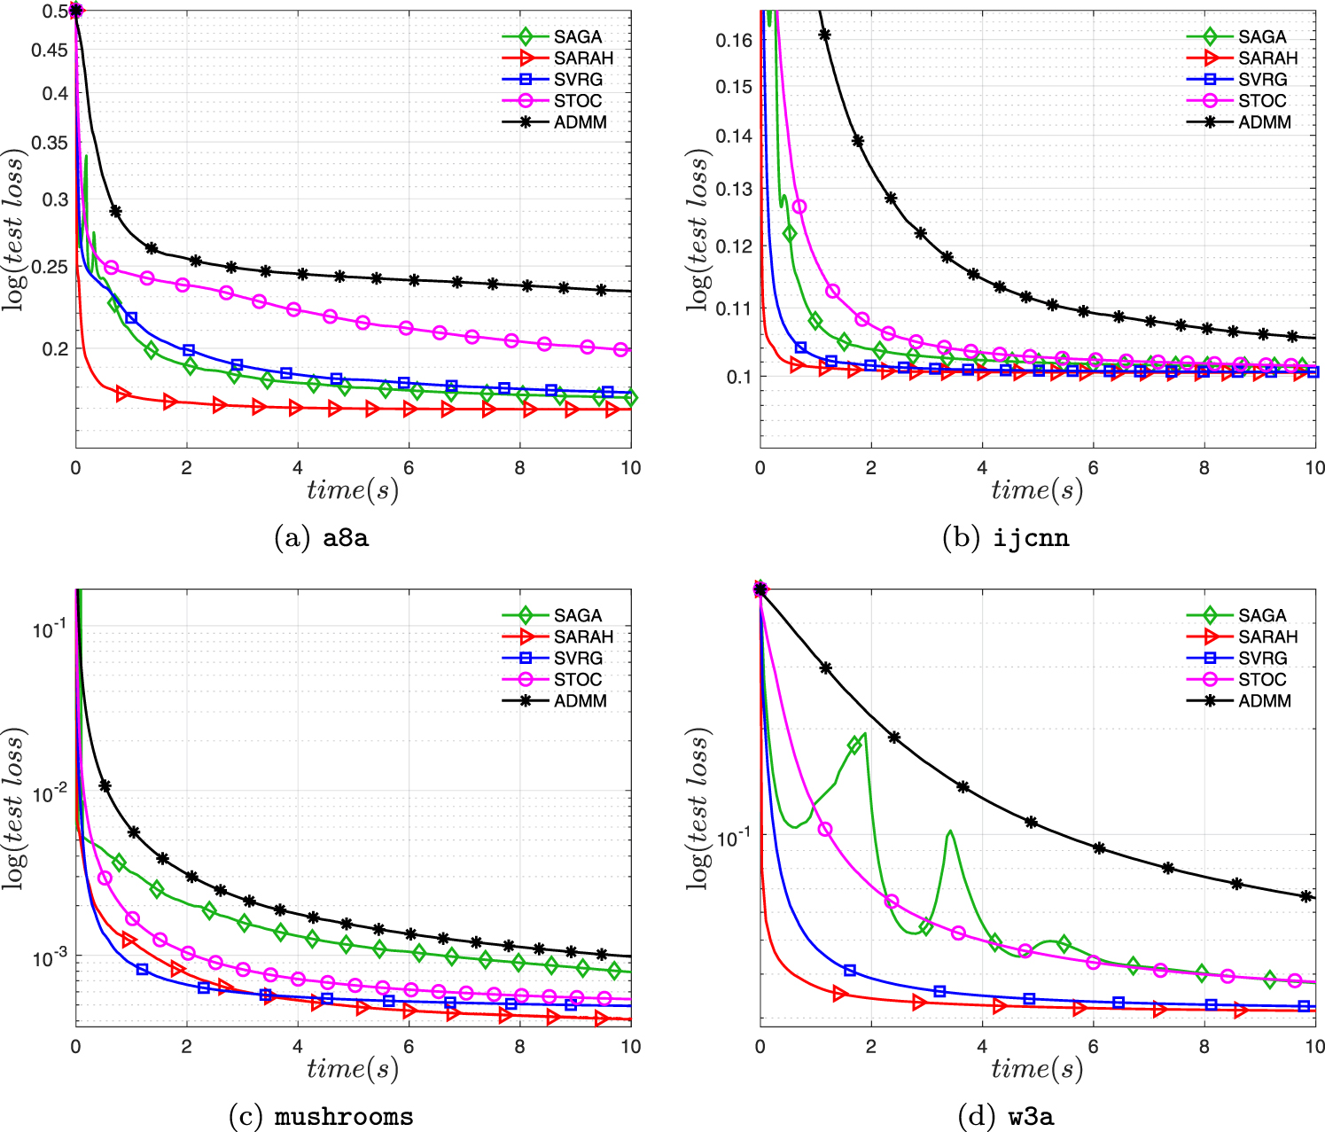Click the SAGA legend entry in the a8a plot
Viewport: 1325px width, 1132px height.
pos(577,37)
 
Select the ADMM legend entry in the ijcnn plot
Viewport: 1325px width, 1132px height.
pos(1265,122)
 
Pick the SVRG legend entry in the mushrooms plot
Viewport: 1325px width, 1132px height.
pos(578,659)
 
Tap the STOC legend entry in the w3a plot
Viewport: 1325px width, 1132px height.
pos(1262,680)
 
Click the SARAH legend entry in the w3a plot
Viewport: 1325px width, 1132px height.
pos(1267,637)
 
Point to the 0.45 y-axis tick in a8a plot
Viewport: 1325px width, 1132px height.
pos(50,51)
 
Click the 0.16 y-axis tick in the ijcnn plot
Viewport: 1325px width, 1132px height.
pos(735,40)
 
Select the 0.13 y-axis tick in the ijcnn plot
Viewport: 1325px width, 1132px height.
pos(735,189)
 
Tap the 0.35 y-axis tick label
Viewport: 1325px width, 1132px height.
pos(50,142)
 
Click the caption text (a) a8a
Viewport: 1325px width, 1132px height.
pos(322,538)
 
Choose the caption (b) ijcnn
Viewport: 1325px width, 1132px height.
pos(1005,538)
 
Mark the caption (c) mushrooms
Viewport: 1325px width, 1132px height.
pos(321,1116)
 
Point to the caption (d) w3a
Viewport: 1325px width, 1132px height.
pos(1005,1116)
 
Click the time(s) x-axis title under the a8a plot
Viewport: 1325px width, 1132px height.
pos(353,490)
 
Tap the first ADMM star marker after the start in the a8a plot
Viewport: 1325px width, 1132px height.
pos(115,211)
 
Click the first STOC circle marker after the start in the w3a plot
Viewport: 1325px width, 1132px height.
pos(825,829)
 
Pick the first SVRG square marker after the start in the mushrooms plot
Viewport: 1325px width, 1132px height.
pos(142,970)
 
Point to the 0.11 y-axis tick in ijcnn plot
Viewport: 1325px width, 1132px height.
pos(735,308)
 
